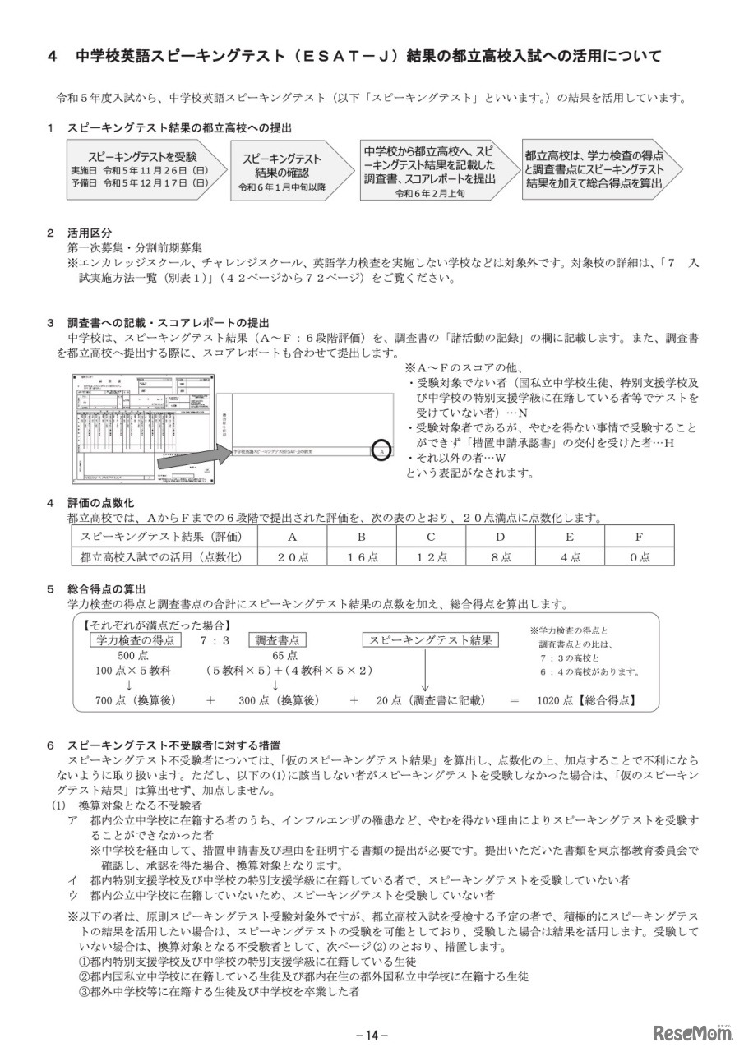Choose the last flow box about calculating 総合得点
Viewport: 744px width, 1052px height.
tap(593, 169)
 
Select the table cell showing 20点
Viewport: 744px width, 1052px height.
tap(292, 556)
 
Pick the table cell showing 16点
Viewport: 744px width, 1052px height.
tap(361, 556)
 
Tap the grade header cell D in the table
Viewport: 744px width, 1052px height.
tap(500, 536)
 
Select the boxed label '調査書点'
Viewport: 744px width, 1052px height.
tap(276, 640)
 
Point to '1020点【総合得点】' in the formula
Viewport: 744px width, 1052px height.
tap(585, 701)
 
